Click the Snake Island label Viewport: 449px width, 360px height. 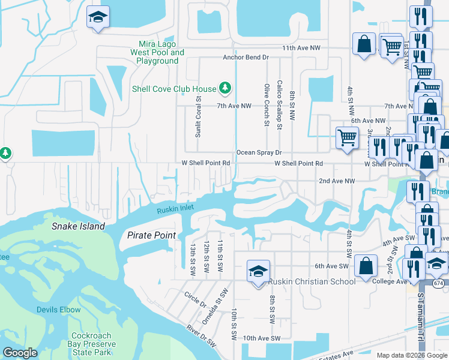[78, 226]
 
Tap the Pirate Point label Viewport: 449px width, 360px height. [152, 235]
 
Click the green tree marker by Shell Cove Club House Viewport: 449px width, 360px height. [226, 89]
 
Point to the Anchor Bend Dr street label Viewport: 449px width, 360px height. [245, 58]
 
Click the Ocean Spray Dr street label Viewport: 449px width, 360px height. [259, 153]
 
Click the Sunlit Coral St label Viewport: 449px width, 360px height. [197, 115]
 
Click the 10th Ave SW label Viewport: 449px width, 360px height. [262, 338]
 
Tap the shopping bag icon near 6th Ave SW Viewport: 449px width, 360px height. [366, 265]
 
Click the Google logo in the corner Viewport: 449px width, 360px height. [20, 353]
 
